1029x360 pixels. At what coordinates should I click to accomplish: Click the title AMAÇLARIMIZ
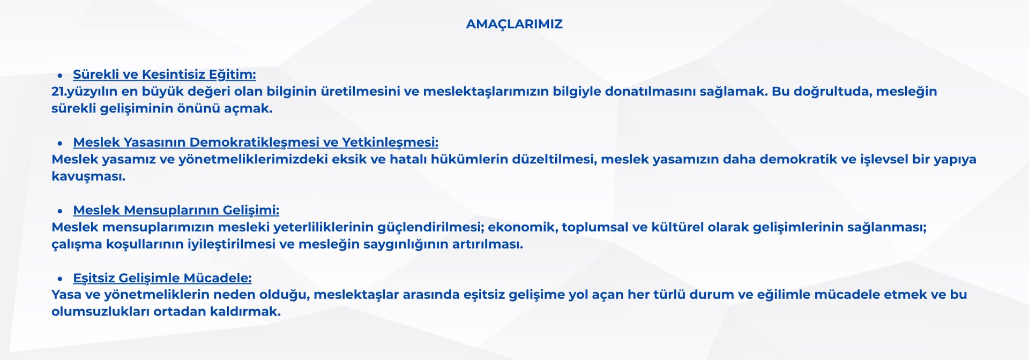514,25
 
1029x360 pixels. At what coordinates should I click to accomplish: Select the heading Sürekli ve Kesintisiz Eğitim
165,74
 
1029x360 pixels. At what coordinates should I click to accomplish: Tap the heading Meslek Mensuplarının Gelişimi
176,211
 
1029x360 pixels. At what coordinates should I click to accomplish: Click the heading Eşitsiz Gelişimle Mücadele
162,278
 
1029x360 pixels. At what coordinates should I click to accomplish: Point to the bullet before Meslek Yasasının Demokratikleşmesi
60,144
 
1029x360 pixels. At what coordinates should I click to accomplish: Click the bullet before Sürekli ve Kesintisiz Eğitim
60,76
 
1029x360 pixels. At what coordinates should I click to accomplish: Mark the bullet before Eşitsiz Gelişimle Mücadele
60,279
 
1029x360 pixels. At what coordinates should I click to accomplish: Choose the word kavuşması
88,177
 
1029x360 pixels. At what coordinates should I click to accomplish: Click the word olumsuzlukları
100,312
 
